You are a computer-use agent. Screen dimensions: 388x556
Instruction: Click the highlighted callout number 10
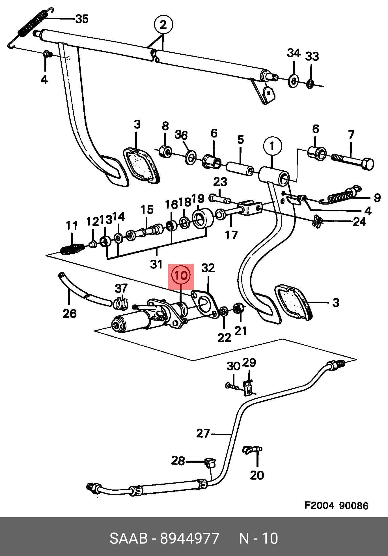click(181, 275)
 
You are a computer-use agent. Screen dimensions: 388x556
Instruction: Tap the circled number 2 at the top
click(163, 25)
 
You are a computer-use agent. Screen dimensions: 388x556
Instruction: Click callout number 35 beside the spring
click(82, 19)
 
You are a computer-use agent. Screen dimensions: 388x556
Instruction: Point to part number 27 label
click(203, 433)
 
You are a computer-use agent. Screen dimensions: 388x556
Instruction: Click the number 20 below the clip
click(257, 475)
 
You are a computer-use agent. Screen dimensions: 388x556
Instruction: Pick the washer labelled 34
click(293, 81)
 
